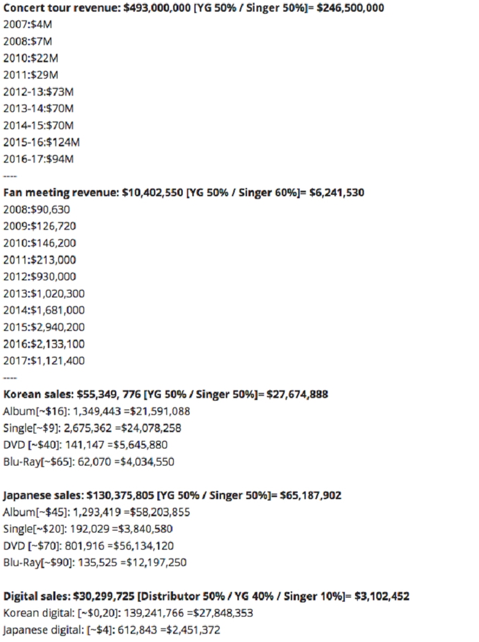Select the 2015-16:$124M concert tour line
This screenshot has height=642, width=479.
pyautogui.click(x=42, y=142)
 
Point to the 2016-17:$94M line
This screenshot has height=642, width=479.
pyautogui.click(x=39, y=159)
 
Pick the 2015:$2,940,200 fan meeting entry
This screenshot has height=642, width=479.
pyautogui.click(x=44, y=327)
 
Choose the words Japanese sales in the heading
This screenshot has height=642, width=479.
pyautogui.click(x=43, y=495)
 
